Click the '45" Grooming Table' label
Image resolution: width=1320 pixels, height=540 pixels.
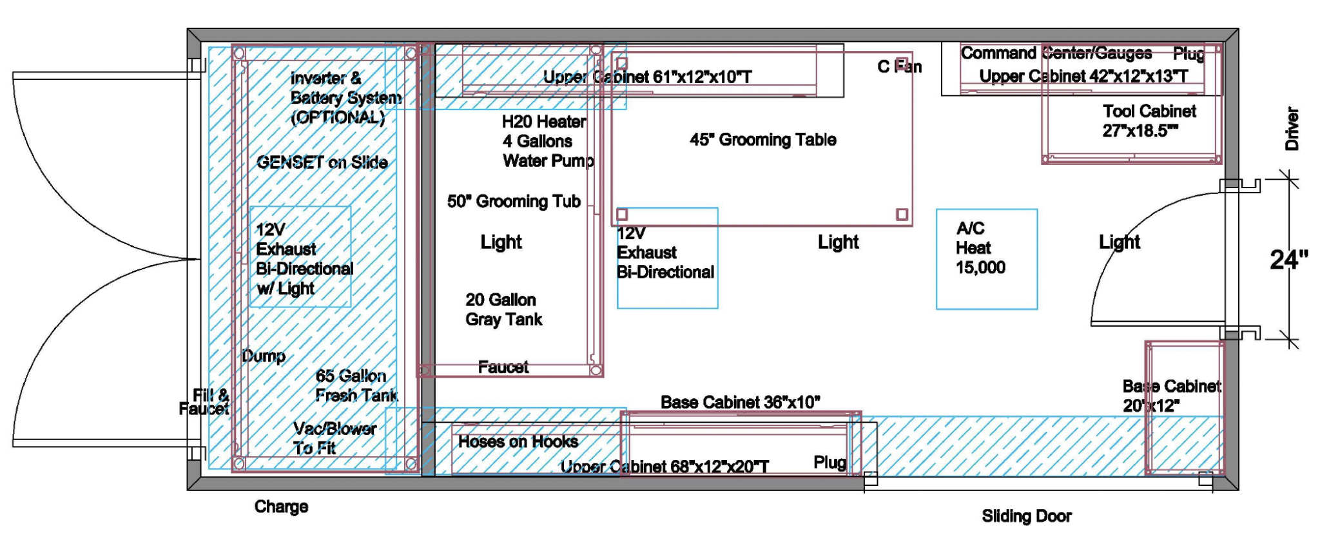tap(763, 139)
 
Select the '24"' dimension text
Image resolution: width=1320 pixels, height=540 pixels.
tap(1289, 260)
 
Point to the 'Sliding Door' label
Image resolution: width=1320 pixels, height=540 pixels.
tap(1027, 516)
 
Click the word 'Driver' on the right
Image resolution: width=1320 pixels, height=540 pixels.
tap(1292, 129)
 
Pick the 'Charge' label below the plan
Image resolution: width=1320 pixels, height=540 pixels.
tap(281, 506)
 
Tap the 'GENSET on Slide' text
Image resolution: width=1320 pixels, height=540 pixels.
tap(322, 162)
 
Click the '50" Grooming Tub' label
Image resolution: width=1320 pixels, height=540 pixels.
tap(514, 201)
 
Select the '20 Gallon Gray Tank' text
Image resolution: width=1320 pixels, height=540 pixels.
tap(504, 309)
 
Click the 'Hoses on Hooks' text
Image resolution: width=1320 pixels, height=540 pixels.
tap(518, 441)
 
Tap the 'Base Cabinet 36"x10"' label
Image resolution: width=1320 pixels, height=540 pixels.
tap(741, 402)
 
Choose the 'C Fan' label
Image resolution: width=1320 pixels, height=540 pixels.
tap(900, 66)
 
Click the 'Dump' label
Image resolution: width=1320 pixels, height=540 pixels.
tap(264, 356)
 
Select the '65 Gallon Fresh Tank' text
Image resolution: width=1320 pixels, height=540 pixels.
tap(356, 385)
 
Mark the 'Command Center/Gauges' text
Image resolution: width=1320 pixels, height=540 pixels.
tap(1056, 53)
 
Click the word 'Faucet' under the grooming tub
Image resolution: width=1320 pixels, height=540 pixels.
tap(503, 367)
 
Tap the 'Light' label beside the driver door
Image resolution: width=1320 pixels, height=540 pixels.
tap(1120, 242)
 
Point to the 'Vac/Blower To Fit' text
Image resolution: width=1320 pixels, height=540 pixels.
tap(335, 438)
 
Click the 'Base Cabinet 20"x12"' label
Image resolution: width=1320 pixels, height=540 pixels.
tap(1172, 396)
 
